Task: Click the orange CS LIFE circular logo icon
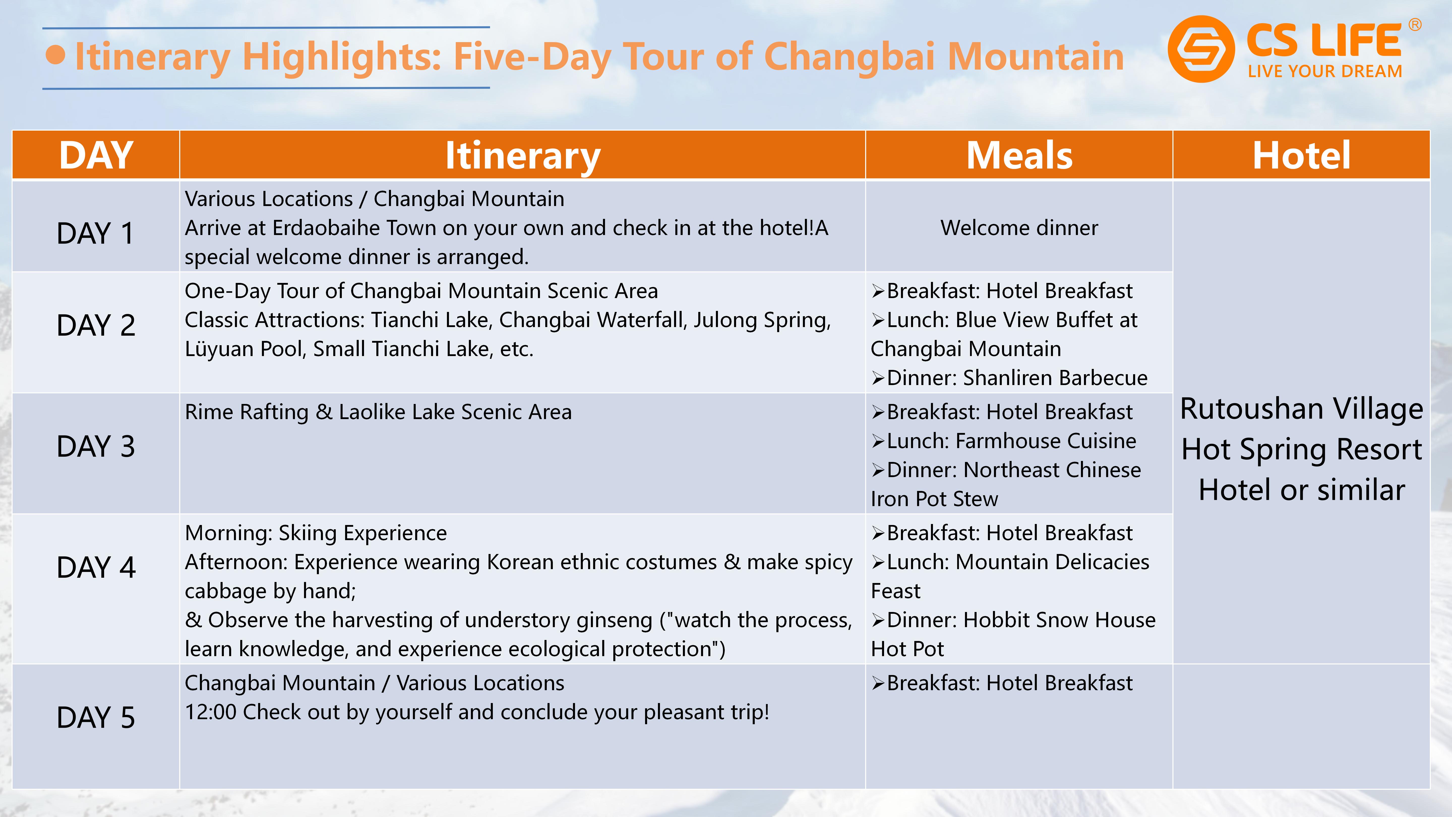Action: [1201, 49]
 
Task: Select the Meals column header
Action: [1019, 155]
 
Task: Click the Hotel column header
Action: [1302, 155]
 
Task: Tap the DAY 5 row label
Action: [96, 717]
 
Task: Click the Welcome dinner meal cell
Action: [1019, 228]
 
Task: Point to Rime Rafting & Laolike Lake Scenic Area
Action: [378, 412]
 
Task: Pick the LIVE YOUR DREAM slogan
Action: [1325, 72]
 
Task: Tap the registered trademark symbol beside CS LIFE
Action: [1415, 25]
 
